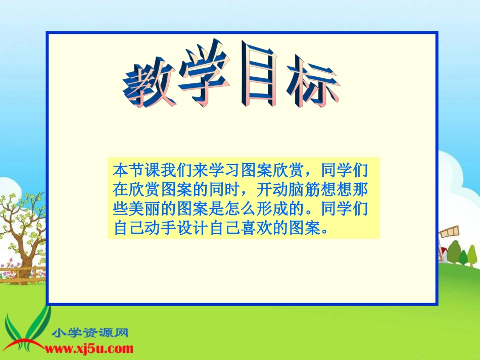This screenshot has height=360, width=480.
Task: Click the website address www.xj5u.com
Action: [x=89, y=348]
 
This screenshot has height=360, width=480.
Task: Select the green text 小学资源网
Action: [x=90, y=333]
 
